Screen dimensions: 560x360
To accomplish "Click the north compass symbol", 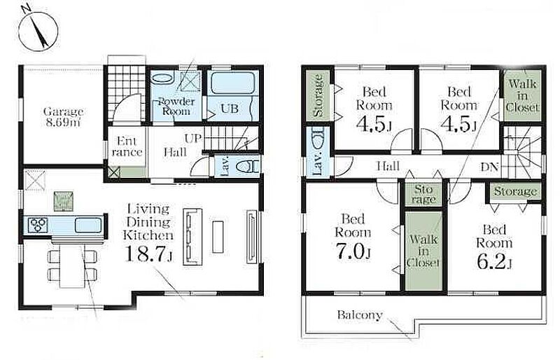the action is pyautogui.click(x=38, y=31).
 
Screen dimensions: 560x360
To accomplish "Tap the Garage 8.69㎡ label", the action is pyautogui.click(x=63, y=117).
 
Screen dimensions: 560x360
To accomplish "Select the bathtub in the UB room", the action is pyautogui.click(x=233, y=83).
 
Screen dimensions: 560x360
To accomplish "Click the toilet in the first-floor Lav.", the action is pyautogui.click(x=248, y=167).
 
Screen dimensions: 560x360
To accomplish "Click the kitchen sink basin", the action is pyautogui.click(x=88, y=226).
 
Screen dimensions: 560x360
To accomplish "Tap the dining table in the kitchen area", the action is pyautogui.click(x=72, y=265).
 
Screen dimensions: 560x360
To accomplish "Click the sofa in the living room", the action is pyautogui.click(x=192, y=236).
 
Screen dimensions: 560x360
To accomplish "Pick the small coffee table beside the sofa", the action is pyautogui.click(x=218, y=237).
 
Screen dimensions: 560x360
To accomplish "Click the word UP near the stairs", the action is pyautogui.click(x=193, y=139).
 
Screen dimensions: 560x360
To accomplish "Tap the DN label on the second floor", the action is pyautogui.click(x=489, y=167).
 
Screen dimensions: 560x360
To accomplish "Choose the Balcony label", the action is pyautogui.click(x=360, y=315).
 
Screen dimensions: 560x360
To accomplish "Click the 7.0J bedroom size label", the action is pyautogui.click(x=353, y=251).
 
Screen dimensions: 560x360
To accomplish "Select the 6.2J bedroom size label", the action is pyautogui.click(x=494, y=261).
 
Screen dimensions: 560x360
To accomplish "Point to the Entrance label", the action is pyautogui.click(x=127, y=146).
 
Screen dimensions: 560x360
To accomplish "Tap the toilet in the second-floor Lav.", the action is pyautogui.click(x=318, y=139).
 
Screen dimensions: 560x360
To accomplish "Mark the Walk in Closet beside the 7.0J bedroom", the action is pyautogui.click(x=423, y=251).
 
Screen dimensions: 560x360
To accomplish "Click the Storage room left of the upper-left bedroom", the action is pyautogui.click(x=318, y=95).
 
